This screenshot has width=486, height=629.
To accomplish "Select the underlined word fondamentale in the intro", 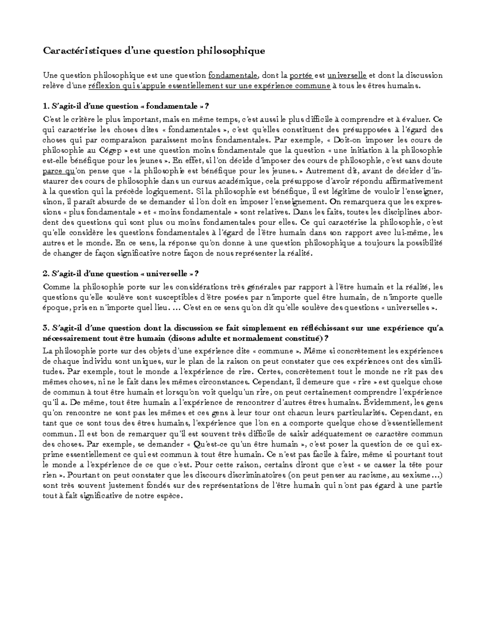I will coord(233,75).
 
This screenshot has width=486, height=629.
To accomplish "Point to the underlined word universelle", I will coord(347,75).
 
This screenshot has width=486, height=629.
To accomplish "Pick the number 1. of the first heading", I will coord(45,107).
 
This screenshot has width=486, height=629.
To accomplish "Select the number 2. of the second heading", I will coord(45,274).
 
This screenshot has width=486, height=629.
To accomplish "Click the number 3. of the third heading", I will coord(45,328).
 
